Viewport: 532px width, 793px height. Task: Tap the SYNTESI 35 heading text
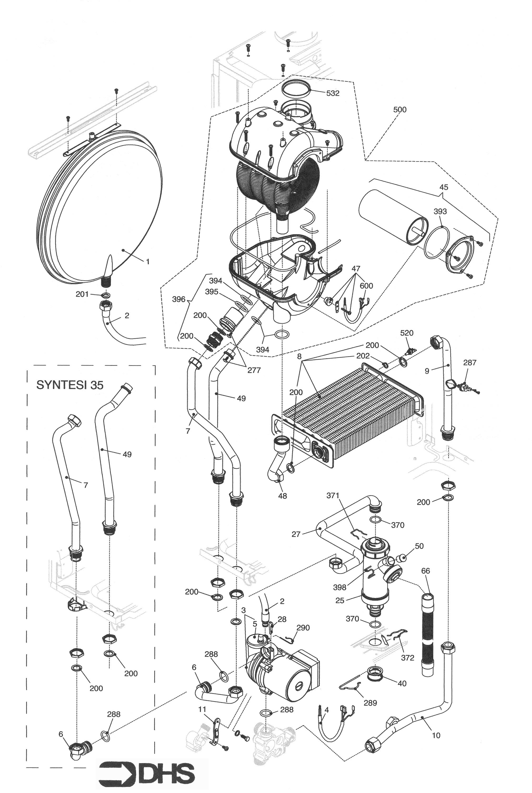point(69,385)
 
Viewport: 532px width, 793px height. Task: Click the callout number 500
point(400,110)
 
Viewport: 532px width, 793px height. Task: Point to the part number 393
point(440,211)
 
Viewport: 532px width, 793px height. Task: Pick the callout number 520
point(406,333)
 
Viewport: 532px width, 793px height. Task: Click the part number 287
point(470,363)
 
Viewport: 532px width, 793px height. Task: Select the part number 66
point(425,571)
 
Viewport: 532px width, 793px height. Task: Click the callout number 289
point(370,703)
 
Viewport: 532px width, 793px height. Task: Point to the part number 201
point(82,294)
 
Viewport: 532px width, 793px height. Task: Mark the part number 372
point(408,658)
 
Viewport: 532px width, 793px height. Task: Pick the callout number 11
point(202,709)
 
